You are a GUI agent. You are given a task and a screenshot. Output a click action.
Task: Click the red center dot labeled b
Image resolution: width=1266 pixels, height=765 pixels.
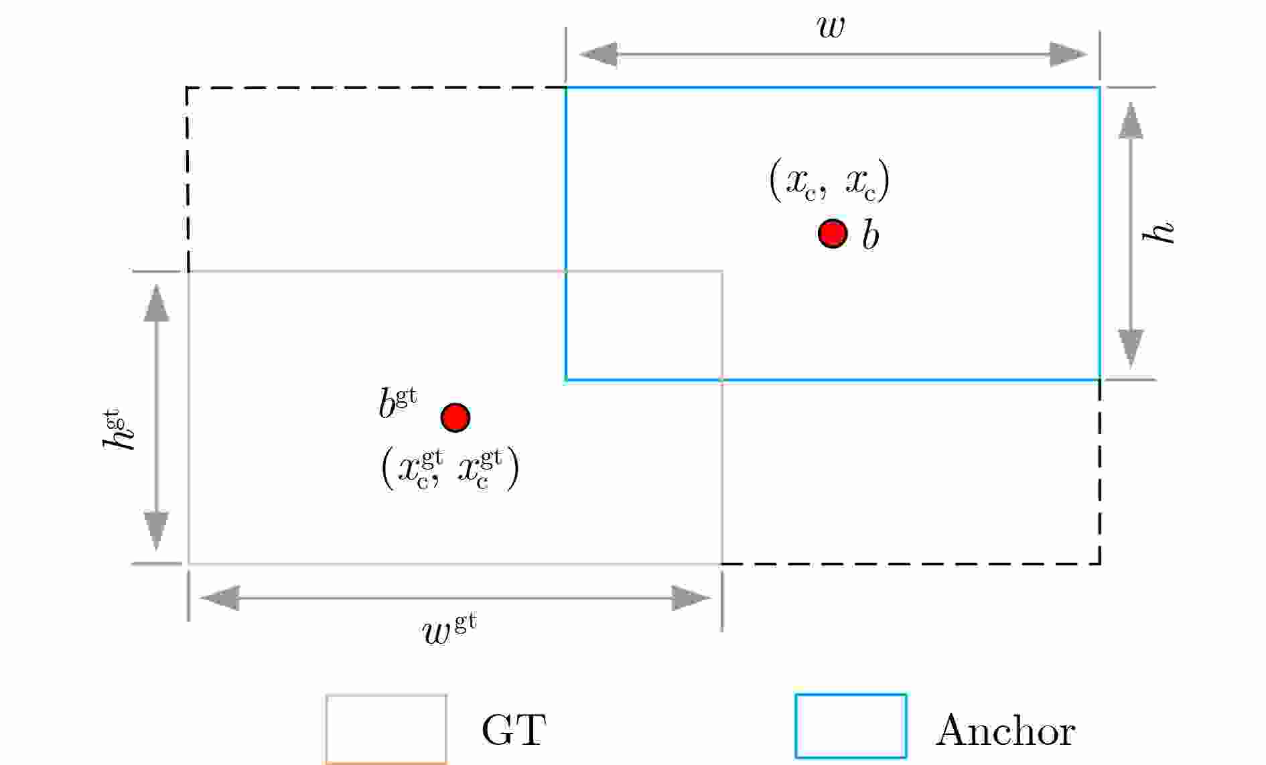tap(833, 233)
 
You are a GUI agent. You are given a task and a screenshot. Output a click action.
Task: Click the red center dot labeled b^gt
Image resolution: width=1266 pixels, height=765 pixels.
tap(455, 417)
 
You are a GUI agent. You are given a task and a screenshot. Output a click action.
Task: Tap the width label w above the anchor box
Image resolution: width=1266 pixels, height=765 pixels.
tap(831, 27)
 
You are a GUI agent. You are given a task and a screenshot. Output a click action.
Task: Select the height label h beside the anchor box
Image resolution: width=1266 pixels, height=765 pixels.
tap(1158, 231)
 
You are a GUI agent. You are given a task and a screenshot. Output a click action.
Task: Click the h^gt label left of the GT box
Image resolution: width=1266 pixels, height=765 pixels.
tap(119, 429)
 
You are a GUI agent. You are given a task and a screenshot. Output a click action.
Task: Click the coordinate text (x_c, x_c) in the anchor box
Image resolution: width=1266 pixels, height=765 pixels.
tap(829, 181)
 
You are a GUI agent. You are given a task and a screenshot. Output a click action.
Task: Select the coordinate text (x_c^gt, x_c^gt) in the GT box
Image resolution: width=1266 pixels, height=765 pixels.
tap(450, 469)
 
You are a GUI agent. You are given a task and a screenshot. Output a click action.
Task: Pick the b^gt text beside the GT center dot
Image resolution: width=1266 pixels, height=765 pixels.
tap(398, 404)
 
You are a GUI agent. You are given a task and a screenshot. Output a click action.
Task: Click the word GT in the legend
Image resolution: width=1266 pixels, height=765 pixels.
tap(514, 730)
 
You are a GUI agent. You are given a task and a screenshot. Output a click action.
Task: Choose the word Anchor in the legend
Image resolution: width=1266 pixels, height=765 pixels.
tap(1005, 730)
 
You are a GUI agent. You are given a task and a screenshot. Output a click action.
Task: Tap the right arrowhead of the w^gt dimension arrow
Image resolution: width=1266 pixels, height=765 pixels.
tap(691, 598)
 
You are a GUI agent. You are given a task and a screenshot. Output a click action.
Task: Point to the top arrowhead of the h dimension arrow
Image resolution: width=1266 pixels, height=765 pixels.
tap(1131, 121)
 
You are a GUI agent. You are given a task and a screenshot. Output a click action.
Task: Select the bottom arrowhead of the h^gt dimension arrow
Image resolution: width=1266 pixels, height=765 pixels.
tap(156, 531)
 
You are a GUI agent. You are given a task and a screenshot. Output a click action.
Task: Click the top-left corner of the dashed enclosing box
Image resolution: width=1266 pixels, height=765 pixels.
tap(187, 87)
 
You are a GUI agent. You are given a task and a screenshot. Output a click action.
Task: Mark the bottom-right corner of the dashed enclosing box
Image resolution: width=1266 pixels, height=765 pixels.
tap(1100, 564)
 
